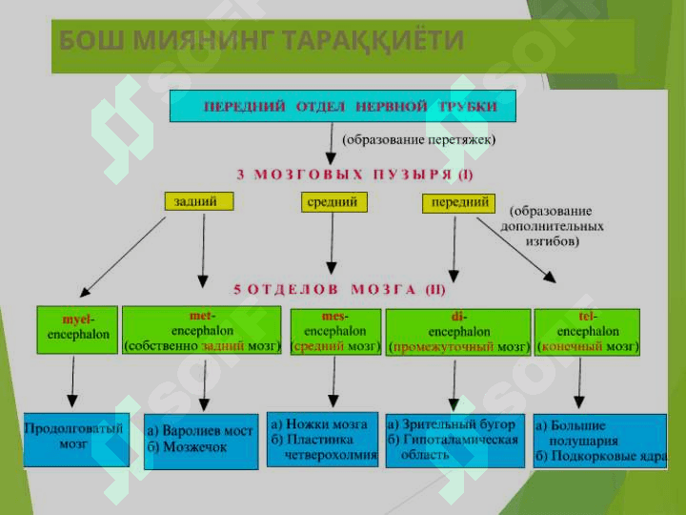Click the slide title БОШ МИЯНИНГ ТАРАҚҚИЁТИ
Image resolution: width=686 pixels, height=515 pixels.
click(x=261, y=40)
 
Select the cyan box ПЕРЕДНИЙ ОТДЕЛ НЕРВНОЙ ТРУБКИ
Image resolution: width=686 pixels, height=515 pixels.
click(x=343, y=106)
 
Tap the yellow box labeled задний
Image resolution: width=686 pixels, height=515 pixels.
click(x=199, y=201)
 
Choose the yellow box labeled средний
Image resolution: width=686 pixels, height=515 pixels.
click(x=333, y=202)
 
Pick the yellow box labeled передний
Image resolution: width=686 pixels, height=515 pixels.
click(x=458, y=203)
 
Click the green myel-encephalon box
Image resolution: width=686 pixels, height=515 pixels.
click(x=77, y=330)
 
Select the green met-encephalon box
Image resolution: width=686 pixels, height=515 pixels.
click(x=202, y=330)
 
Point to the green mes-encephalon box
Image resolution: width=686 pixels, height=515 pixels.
click(x=335, y=332)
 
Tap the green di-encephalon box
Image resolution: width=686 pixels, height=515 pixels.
click(x=458, y=332)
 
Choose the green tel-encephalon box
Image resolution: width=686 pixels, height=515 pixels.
click(x=587, y=332)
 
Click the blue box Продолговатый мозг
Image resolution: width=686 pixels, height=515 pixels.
click(x=76, y=440)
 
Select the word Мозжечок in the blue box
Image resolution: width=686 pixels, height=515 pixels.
click(x=194, y=446)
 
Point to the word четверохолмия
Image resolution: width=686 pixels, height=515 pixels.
click(x=331, y=455)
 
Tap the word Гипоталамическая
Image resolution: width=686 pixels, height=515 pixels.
click(x=460, y=440)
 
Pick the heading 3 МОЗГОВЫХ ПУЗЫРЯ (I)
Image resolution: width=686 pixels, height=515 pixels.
click(x=354, y=175)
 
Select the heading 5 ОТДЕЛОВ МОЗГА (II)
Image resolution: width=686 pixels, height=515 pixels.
click(x=339, y=290)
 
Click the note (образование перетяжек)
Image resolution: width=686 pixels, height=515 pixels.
click(x=418, y=139)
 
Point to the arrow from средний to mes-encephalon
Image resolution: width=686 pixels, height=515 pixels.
click(x=332, y=243)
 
